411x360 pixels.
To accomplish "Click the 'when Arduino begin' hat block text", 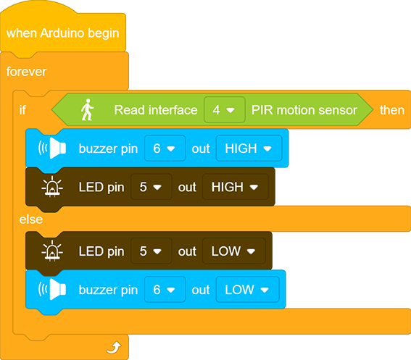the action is [62, 33].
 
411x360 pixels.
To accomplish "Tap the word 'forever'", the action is [27, 72].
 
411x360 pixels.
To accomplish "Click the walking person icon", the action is [87, 110].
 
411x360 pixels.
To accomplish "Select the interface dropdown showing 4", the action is [225, 110].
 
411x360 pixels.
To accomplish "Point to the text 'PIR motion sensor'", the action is [304, 110].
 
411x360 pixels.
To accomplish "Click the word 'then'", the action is [392, 110].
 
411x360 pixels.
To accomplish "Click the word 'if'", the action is [22, 110].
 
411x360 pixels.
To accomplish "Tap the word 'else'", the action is [31, 219].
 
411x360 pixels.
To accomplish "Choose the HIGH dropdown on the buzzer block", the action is [249, 148].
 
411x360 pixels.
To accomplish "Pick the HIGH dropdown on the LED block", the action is [236, 187].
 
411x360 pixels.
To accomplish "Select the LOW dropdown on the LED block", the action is [234, 251].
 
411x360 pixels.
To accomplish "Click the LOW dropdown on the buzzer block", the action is [247, 290].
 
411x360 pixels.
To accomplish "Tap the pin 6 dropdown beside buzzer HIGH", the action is [165, 148].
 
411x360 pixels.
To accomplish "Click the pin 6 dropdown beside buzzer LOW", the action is [165, 290].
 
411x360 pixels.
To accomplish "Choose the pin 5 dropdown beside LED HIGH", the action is [151, 187].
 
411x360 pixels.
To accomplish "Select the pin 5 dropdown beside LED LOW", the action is [151, 251].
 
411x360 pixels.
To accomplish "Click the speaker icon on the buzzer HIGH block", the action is [52, 148].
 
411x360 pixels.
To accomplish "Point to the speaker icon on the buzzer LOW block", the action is [52, 290].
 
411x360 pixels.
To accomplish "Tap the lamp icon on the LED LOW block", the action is [52, 251].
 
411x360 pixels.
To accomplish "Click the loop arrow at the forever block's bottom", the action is [114, 347].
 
